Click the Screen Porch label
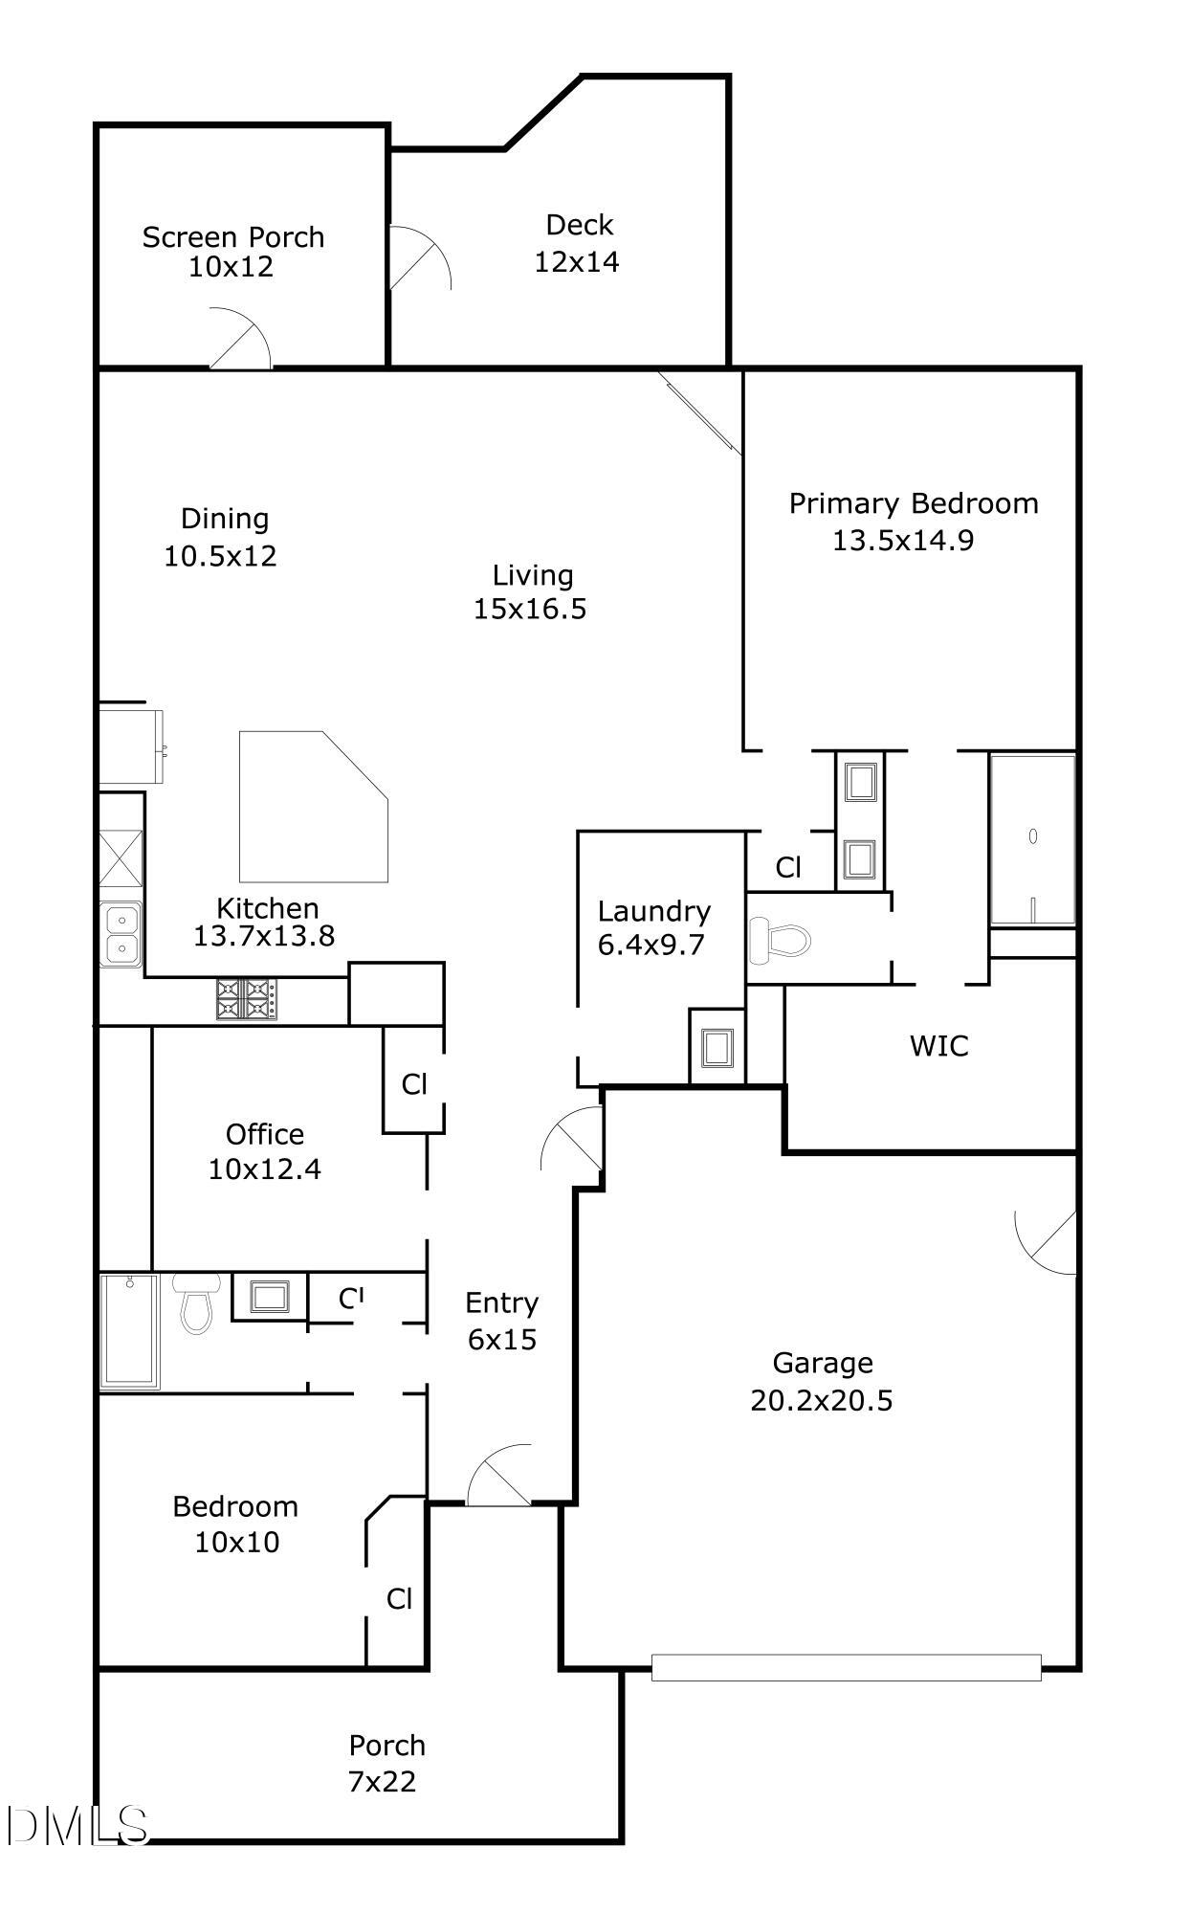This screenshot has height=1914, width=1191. click(x=232, y=237)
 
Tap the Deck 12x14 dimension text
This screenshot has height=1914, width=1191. click(x=576, y=261)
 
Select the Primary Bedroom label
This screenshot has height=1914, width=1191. click(x=913, y=503)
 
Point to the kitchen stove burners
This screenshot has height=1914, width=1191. click(x=246, y=998)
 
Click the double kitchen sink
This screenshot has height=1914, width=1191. click(x=121, y=935)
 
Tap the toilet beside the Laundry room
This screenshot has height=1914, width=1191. click(x=778, y=940)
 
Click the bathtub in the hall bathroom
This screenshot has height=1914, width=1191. click(x=129, y=1330)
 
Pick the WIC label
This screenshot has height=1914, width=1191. click(x=938, y=1046)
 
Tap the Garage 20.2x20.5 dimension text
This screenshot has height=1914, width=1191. click(x=821, y=1400)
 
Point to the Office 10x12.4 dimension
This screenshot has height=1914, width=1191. click(x=264, y=1168)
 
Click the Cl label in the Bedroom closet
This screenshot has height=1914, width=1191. click(x=399, y=1598)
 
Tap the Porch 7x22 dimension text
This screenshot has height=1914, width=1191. click(x=382, y=1781)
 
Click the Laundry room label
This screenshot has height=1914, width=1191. click(x=653, y=911)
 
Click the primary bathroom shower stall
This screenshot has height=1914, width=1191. click(x=1031, y=840)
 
